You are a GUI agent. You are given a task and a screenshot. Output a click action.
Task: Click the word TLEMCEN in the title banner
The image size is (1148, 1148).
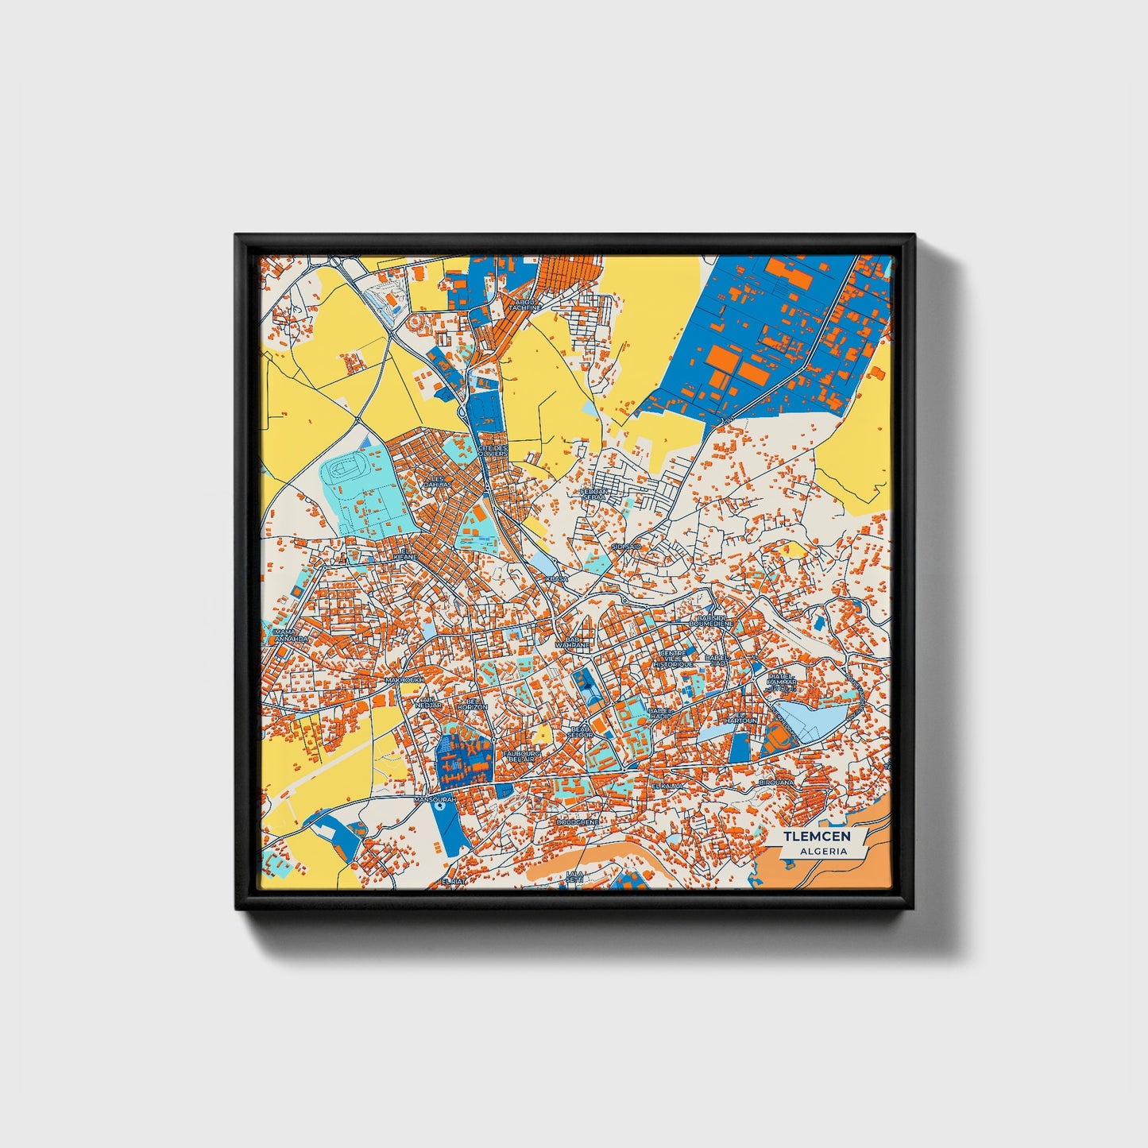(817, 837)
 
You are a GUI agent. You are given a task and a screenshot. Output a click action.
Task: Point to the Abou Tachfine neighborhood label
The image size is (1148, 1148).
(525, 304)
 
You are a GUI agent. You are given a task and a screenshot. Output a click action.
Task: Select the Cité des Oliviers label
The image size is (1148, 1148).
(493, 450)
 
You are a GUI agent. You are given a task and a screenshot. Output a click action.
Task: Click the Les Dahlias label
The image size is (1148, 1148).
(436, 481)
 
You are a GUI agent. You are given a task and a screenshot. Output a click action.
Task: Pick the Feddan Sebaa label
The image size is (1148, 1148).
(594, 494)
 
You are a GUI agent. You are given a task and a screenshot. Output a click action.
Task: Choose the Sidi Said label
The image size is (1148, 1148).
(626, 547)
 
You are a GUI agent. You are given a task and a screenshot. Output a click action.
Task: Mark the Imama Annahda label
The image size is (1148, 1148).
(290, 635)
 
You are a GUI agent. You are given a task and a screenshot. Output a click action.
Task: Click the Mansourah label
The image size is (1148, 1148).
(434, 800)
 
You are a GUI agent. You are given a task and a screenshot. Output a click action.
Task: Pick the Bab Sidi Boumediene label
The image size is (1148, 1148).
(710, 620)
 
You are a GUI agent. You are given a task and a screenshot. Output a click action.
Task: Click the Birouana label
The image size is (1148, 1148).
(776, 783)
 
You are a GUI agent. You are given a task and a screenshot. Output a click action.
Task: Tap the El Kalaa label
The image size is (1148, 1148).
(666, 786)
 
